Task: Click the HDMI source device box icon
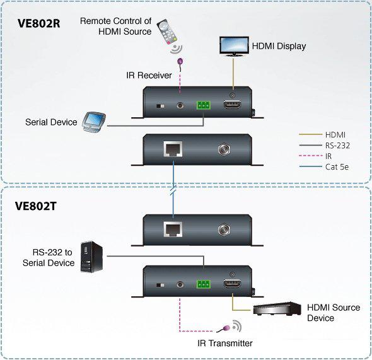[x=276, y=309]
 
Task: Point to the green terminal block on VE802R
[x=204, y=106]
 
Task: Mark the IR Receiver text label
[x=148, y=75]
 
